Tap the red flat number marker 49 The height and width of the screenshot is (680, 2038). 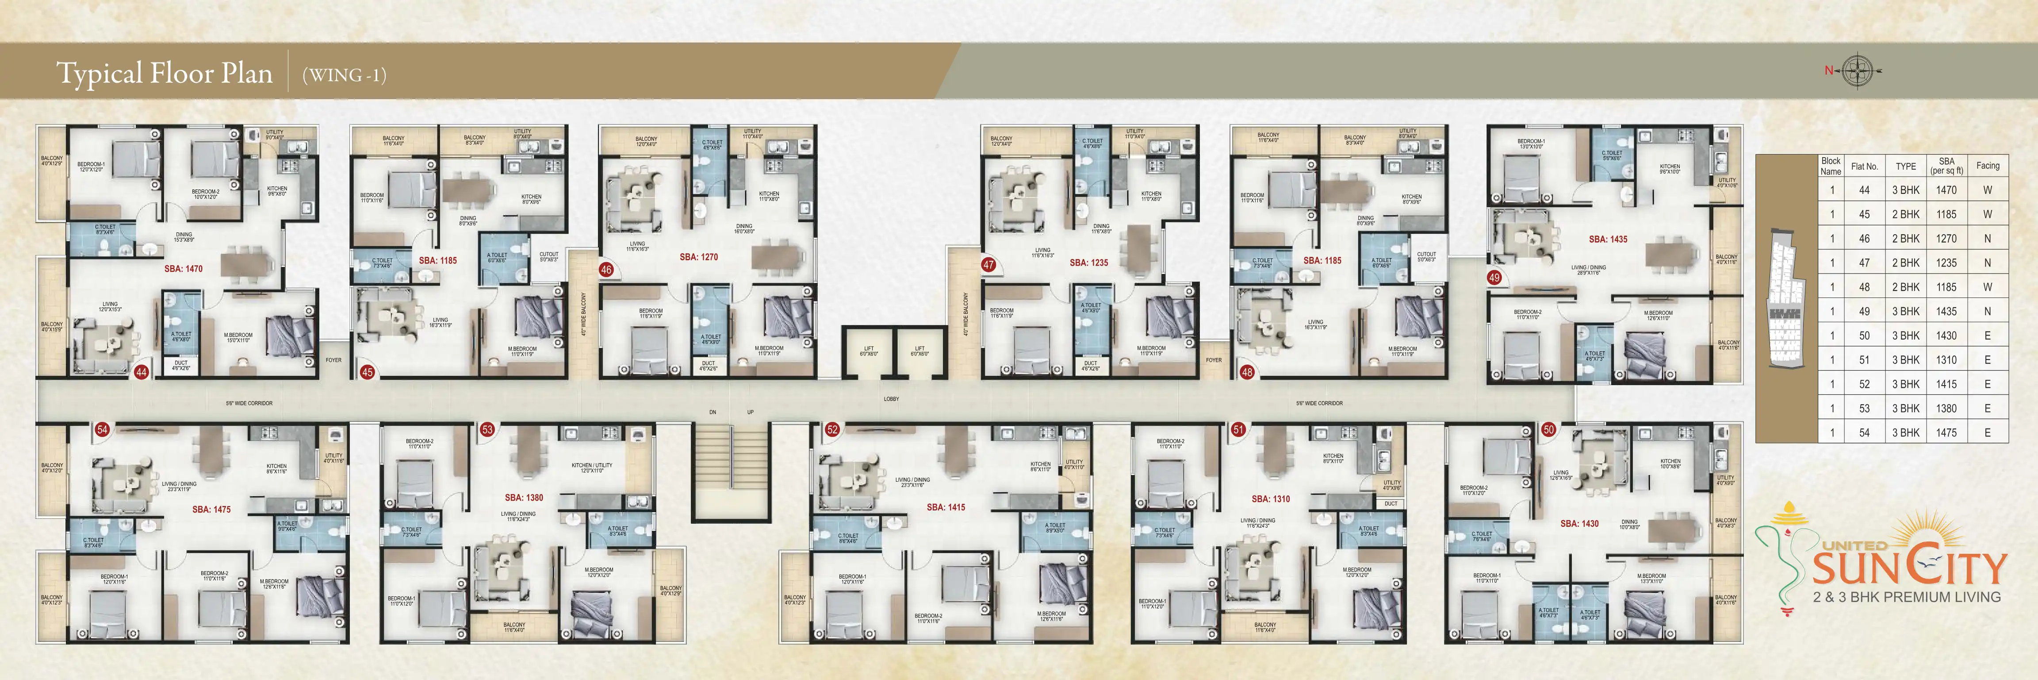pos(1494,278)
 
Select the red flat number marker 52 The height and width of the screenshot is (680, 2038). pos(831,430)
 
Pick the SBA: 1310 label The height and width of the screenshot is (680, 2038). pos(1271,499)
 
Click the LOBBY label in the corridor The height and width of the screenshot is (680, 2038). pos(891,399)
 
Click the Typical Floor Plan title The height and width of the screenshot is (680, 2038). pos(165,73)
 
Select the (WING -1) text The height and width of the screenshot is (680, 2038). pos(344,75)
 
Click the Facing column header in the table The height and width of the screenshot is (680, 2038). pos(1988,166)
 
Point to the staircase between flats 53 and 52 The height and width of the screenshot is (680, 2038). pos(731,472)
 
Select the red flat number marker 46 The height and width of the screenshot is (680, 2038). pos(606,270)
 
